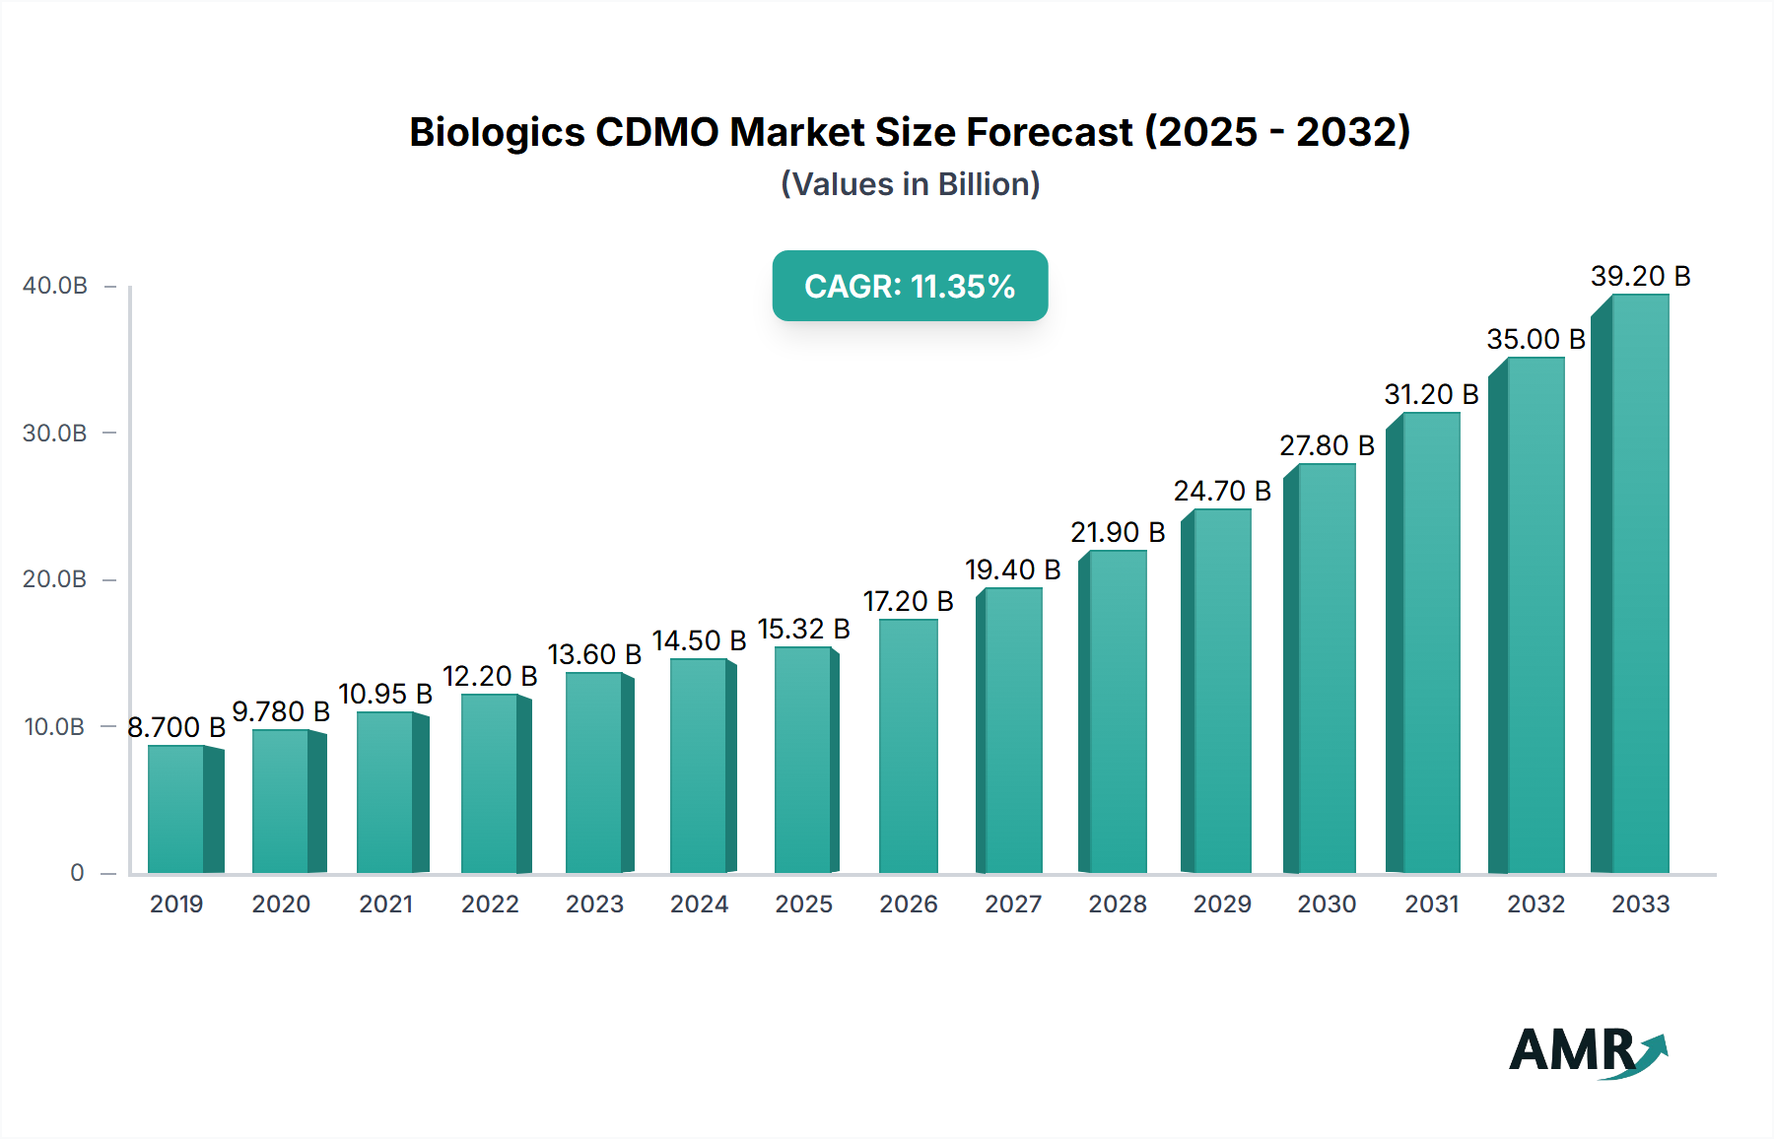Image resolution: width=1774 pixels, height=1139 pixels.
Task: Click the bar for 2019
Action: coord(177,810)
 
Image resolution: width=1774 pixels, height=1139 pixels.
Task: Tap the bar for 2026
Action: coord(908,746)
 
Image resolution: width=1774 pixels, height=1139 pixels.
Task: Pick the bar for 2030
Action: coord(1326,668)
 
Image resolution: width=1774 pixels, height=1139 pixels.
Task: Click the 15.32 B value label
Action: coord(803,630)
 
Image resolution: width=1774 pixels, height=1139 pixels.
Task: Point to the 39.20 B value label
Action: coord(1640,277)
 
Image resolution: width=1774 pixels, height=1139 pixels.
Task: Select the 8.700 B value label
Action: coord(176,728)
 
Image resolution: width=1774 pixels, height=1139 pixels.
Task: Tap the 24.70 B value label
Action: coord(1221,492)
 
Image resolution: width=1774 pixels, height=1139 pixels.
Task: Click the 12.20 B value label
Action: coord(490,677)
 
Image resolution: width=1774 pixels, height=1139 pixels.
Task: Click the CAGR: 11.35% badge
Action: coord(910,287)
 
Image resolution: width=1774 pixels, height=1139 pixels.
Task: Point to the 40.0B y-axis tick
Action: coord(55,286)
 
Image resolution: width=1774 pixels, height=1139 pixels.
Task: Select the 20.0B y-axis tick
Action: coord(55,579)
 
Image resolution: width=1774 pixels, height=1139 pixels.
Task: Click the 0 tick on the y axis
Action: coord(77,873)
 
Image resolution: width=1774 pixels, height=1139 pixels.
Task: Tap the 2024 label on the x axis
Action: coord(699,904)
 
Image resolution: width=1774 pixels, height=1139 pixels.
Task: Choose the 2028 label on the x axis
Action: coord(1117,904)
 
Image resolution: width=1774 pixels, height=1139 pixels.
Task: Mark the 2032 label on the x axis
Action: coord(1535,904)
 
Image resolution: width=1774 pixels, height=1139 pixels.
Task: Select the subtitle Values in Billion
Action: coord(910,184)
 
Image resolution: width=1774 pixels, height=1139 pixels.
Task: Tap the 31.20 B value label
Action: coord(1431,395)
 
